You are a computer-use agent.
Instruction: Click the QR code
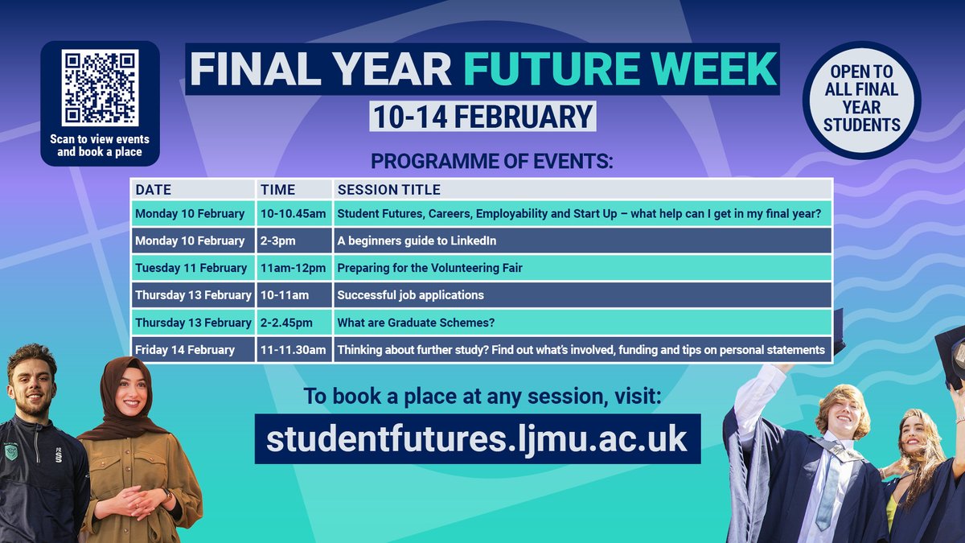(100, 88)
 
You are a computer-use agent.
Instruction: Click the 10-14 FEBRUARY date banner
(482, 116)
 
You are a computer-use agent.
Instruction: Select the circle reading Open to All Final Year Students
(861, 101)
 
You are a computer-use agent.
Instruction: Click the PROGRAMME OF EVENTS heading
(491, 162)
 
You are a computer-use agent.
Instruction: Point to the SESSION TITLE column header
(388, 190)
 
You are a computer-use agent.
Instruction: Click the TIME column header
(277, 190)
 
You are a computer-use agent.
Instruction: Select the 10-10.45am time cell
(294, 214)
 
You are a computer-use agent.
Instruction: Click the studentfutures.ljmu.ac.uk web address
(477, 439)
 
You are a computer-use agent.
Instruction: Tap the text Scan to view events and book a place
(100, 146)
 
